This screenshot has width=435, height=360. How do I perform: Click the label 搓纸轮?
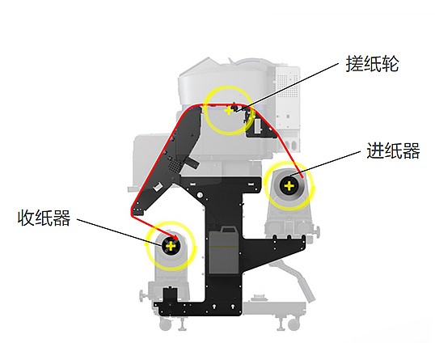click(x=372, y=64)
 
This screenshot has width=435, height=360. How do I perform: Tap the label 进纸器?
click(x=394, y=150)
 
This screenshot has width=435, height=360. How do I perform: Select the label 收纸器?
click(x=44, y=218)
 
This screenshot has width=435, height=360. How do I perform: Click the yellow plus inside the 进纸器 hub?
click(x=289, y=185)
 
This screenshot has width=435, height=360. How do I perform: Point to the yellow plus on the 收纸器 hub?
click(x=171, y=246)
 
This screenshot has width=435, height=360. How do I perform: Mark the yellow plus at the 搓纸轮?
click(x=228, y=111)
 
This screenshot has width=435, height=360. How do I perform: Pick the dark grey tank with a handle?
click(x=224, y=249)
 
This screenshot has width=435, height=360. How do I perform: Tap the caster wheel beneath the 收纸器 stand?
click(x=166, y=324)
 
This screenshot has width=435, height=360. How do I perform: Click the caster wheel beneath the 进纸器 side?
click(x=294, y=324)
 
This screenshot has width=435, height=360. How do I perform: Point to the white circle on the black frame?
click(x=200, y=195)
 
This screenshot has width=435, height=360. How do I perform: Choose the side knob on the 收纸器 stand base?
click(x=142, y=295)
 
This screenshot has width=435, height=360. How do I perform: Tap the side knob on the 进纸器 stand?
click(x=316, y=231)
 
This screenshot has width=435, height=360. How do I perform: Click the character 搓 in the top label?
click(x=354, y=64)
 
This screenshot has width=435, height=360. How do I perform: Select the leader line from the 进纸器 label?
click(x=327, y=163)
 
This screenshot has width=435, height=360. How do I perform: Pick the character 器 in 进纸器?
click(x=412, y=150)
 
